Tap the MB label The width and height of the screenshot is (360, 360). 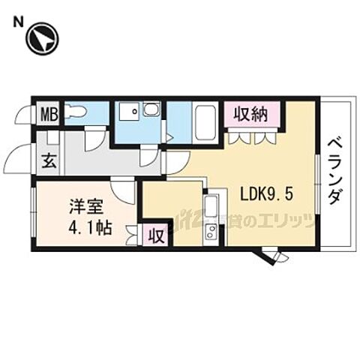click(x=48, y=115)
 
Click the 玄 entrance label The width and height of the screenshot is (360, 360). click(x=47, y=160)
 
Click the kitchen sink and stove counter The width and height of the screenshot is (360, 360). click(x=211, y=219)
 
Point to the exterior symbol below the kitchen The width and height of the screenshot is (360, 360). click(x=274, y=258)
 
